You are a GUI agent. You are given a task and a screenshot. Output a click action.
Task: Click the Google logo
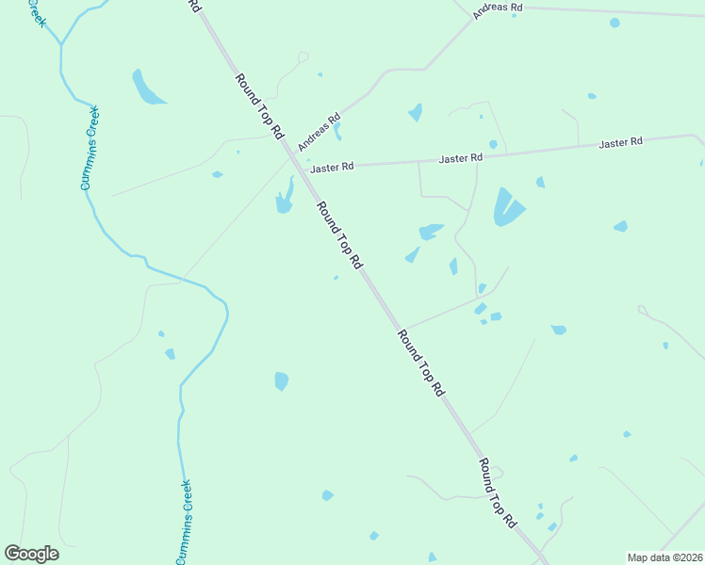coord(31,553)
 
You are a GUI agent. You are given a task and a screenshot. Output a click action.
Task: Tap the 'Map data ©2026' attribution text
coord(664,557)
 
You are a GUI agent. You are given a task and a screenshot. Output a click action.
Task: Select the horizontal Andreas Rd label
coord(498,8)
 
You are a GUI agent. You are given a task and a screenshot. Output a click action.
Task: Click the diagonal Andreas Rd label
coord(319,134)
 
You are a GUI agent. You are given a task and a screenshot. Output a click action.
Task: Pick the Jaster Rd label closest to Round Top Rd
coord(332,166)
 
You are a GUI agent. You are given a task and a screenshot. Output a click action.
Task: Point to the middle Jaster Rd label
coord(461,158)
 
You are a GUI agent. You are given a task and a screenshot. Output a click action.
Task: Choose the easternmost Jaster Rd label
coord(621,142)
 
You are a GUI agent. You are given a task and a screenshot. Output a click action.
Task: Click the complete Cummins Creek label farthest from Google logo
coord(90,148)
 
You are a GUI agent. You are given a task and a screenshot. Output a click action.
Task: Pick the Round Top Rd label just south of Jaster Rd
coord(339,234)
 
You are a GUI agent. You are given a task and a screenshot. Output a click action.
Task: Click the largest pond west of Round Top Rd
coord(147,88)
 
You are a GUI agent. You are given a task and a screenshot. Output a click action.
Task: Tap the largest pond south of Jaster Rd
coord(506,208)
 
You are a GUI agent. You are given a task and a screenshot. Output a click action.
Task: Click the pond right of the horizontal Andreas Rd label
coord(615,23)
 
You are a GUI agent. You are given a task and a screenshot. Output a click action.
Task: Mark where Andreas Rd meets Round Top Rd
coord(290,155)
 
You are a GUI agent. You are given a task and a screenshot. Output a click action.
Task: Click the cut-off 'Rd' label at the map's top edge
coord(194,5)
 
